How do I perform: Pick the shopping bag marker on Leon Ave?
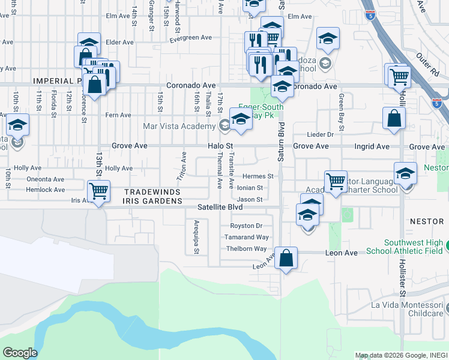286,259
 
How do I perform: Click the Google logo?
20,353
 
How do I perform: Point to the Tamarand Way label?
246,237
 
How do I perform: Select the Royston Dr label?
246,226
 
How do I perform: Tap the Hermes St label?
258,176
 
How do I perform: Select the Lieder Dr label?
319,135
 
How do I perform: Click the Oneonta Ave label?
45,179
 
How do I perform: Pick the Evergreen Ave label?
191,37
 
